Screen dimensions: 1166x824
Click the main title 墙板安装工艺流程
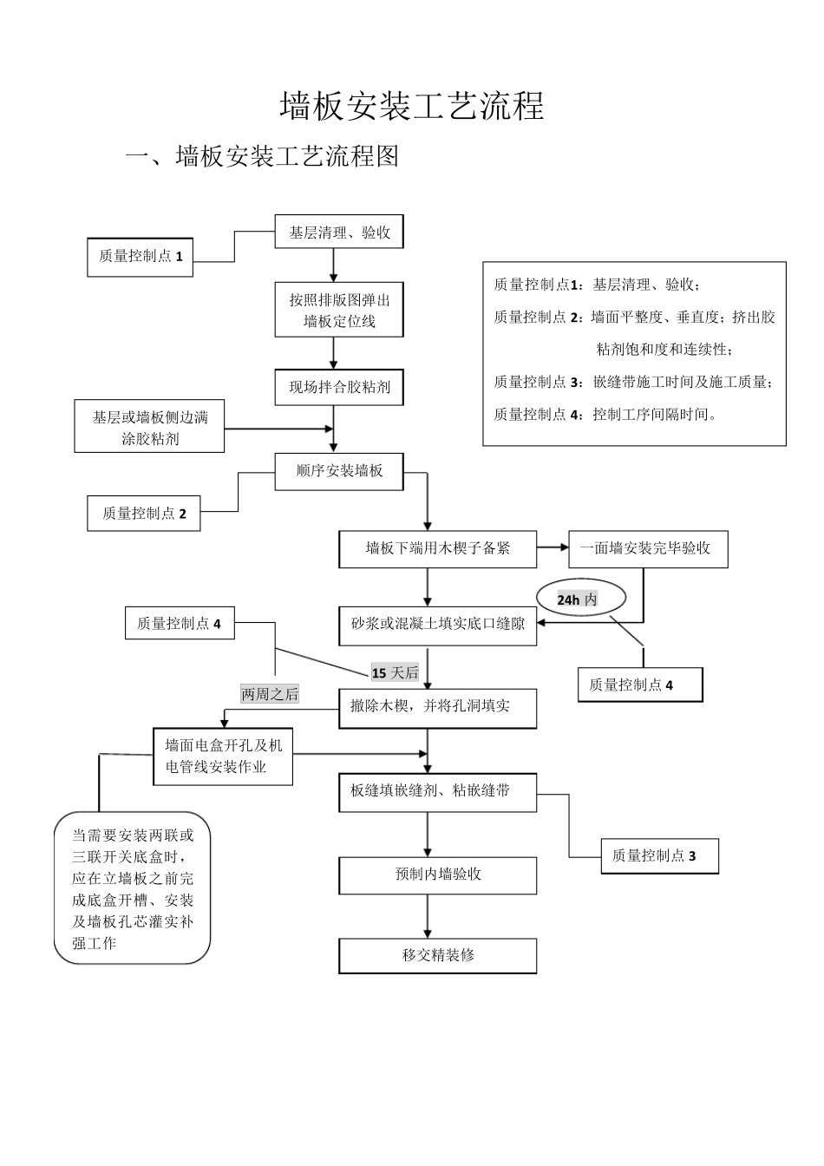coord(412,106)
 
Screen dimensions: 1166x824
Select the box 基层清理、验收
coord(339,233)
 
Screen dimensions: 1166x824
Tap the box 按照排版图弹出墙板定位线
coord(339,311)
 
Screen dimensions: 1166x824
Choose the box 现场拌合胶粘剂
coord(339,387)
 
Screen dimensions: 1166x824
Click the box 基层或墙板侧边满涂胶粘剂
coord(149,427)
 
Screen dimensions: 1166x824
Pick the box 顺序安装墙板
coord(339,471)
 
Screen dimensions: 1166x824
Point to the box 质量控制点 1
coord(141,257)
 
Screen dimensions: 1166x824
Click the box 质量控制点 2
coord(144,514)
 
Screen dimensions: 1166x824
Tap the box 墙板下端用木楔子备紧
coord(437,549)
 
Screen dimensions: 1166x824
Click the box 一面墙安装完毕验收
coord(647,549)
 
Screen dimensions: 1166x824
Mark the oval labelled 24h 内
coord(579,599)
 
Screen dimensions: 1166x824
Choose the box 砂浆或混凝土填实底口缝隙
coord(437,625)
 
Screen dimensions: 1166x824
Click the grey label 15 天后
coord(395,673)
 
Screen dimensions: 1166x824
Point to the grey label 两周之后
coord(269,694)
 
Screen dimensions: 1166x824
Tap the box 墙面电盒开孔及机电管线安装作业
coord(223,757)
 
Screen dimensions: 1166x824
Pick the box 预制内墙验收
coord(437,874)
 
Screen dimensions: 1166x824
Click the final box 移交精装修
coord(437,956)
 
